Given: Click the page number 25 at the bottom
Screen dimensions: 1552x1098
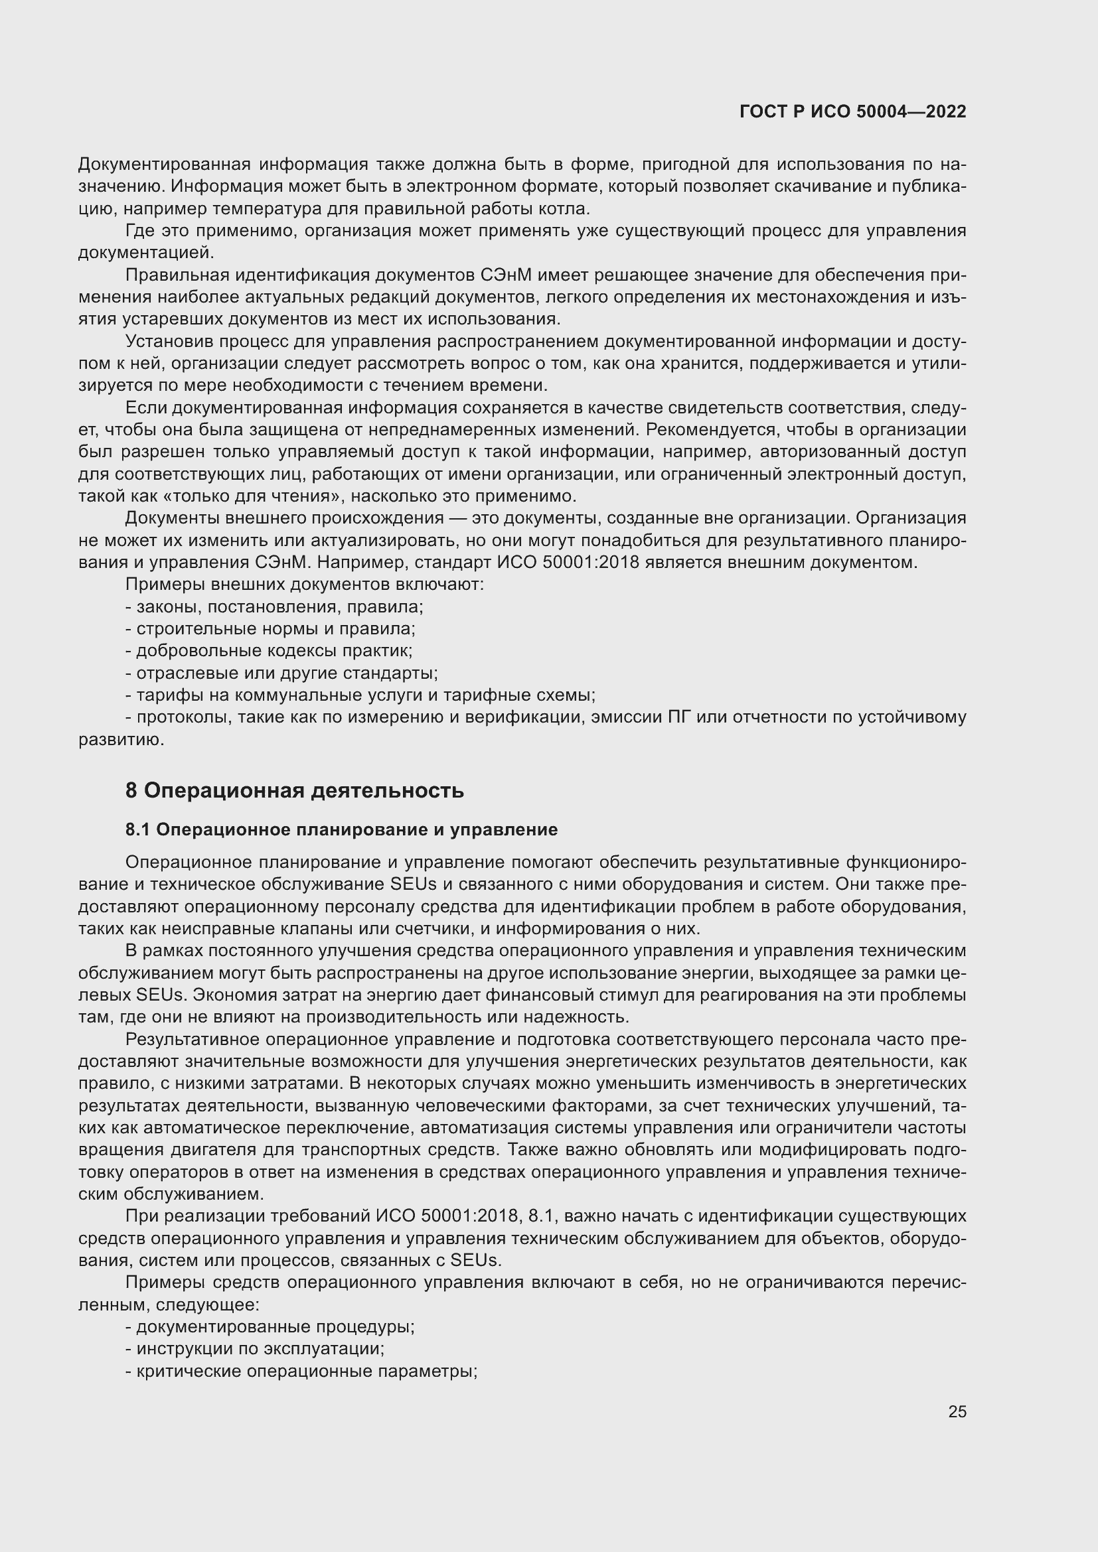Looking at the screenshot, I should point(957,1411).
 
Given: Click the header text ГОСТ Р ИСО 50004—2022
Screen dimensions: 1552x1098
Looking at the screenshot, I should point(852,111).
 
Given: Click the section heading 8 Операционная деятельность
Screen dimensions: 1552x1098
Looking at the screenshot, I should point(294,790).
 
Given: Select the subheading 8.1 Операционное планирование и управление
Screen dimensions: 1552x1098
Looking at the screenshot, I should point(341,829).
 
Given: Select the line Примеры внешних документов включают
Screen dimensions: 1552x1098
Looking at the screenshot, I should point(305,584).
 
